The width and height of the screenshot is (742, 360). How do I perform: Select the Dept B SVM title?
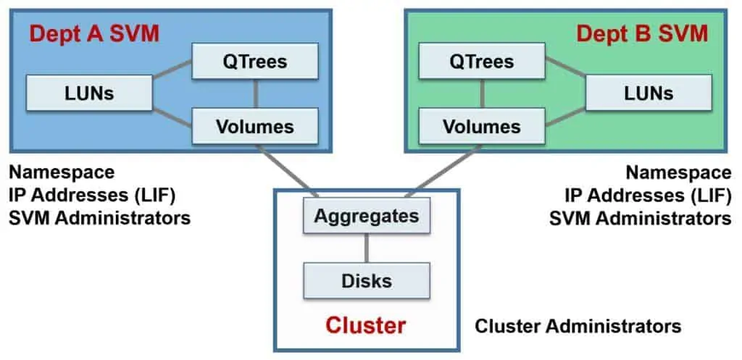pyautogui.click(x=641, y=33)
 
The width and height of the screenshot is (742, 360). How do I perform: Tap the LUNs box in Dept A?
pyautogui.click(x=89, y=93)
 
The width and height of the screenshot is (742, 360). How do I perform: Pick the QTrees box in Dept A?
pyautogui.click(x=254, y=61)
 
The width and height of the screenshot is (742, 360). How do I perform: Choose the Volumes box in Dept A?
pyautogui.click(x=254, y=127)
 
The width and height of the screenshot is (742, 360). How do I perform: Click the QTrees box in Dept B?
pyautogui.click(x=482, y=61)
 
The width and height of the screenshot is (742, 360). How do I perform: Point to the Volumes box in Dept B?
pyautogui.click(x=482, y=127)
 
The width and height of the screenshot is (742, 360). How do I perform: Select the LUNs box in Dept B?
pyautogui.click(x=648, y=93)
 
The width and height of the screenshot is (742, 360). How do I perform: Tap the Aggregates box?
pyautogui.click(x=366, y=216)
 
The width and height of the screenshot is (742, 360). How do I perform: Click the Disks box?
pyautogui.click(x=366, y=281)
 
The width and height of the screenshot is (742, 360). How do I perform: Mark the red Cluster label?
pyautogui.click(x=366, y=325)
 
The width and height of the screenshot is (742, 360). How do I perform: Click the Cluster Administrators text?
pyautogui.click(x=578, y=326)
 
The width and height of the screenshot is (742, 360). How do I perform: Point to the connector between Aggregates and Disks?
pyautogui.click(x=366, y=248)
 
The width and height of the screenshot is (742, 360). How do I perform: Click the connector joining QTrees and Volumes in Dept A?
pyautogui.click(x=254, y=94)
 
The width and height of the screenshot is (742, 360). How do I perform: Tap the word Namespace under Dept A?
pyautogui.click(x=62, y=172)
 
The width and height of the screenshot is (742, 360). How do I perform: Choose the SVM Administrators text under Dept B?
pyautogui.click(x=640, y=218)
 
